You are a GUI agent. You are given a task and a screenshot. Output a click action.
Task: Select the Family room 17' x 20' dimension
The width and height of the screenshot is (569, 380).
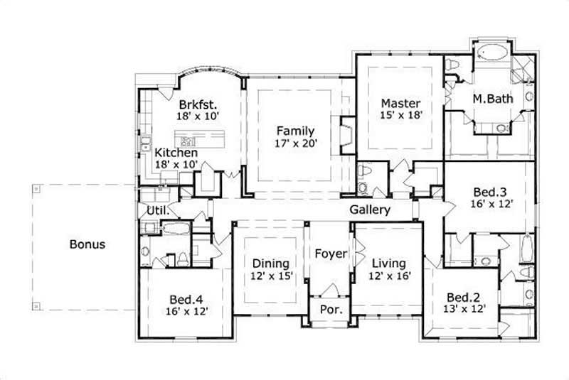coord(296,143)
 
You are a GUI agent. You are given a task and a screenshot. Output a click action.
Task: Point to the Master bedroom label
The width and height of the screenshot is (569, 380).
coord(400,102)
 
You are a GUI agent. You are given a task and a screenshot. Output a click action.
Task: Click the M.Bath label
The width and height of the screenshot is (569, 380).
coord(493,99)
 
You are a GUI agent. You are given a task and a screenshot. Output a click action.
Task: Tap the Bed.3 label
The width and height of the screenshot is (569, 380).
coord(489,191)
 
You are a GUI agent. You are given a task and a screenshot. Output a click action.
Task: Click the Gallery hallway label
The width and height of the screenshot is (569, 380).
coord(370,210)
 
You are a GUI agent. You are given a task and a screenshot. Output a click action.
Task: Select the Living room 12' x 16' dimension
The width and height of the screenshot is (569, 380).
coord(390,276)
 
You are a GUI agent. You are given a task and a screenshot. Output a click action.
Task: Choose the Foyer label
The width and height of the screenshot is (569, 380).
coord(331,254)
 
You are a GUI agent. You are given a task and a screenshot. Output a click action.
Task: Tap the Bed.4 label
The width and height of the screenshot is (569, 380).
coord(187,298)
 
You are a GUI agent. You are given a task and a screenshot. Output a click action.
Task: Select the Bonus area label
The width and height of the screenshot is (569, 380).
coord(87,244)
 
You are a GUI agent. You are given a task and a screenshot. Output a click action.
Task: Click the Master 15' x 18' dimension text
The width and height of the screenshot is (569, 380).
coord(400,115)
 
